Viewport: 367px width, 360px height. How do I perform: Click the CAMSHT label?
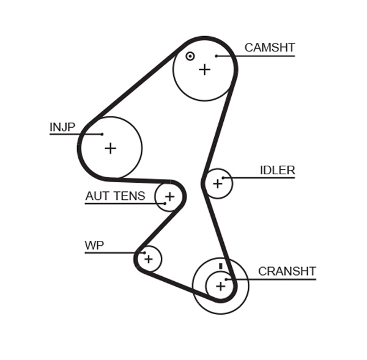click(269, 48)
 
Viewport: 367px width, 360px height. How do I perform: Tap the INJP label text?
click(62, 127)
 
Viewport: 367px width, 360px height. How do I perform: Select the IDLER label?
click(277, 171)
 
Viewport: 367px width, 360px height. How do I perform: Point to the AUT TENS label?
click(115, 196)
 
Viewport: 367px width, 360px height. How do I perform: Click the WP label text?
click(94, 246)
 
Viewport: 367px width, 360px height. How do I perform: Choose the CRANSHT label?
click(287, 271)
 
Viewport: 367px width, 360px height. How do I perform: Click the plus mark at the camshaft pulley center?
click(204, 70)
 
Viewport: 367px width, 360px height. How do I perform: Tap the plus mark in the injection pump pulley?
click(110, 148)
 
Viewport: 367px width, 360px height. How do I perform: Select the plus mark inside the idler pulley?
click(217, 183)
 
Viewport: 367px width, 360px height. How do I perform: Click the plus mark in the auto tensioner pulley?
click(169, 197)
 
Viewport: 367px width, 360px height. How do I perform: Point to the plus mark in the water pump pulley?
click(148, 259)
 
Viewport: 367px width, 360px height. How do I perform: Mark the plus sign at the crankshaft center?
click(220, 285)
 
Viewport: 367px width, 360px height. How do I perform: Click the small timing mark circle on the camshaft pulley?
click(190, 56)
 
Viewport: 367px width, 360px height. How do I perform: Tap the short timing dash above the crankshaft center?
click(220, 266)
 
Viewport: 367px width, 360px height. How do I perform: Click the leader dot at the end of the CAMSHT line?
click(217, 56)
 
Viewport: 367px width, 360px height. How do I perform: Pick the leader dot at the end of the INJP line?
click(102, 134)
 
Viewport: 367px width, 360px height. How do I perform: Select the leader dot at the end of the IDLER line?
click(224, 178)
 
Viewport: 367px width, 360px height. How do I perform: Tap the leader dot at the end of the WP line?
click(144, 252)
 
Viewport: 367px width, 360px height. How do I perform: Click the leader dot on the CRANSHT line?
click(226, 279)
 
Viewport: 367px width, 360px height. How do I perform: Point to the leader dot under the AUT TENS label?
click(165, 203)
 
